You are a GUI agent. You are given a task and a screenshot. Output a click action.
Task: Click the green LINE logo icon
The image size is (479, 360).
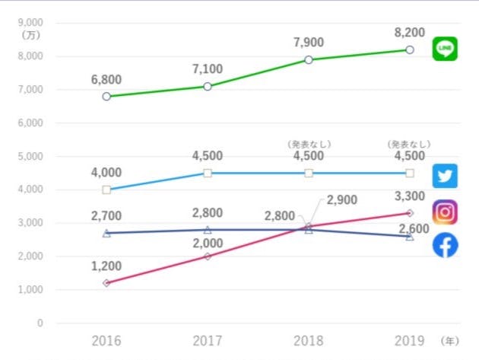coord(445,49)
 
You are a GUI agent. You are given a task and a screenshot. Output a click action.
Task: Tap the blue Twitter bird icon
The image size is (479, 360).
coord(445,176)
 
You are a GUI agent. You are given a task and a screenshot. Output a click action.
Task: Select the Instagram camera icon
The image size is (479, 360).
coord(445,212)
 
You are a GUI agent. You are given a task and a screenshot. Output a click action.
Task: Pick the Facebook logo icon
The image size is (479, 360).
coord(445,245)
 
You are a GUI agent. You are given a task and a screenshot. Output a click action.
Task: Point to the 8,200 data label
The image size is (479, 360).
coord(409,33)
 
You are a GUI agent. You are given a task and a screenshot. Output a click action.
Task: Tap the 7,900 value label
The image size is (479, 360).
coord(309,43)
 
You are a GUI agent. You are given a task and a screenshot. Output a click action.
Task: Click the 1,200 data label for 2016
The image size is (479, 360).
coord(106,266)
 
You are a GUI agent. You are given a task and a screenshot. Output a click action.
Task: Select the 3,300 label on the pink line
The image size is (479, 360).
coord(409,197)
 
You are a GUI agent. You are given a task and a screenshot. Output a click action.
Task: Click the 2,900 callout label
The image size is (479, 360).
coord(342,200)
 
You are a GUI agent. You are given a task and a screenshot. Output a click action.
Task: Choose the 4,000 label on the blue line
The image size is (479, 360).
coord(106,173)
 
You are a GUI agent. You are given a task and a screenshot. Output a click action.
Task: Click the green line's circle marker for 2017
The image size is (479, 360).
coord(208,86)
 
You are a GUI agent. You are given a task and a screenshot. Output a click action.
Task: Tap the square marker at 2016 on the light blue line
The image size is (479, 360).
coord(106,190)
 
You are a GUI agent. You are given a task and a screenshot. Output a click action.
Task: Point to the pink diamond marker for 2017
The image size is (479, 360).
coord(208,256)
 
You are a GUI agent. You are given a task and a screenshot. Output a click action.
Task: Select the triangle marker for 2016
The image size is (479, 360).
coord(106,233)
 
